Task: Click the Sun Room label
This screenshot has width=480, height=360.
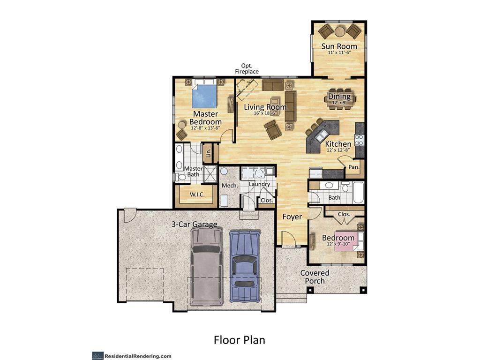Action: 339,46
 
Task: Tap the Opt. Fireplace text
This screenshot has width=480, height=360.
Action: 247,68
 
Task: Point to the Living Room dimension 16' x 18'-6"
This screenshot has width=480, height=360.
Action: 265,113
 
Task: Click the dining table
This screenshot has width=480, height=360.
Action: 339,98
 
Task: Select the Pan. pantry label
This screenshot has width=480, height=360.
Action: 354,167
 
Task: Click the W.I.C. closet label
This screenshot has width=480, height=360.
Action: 196,195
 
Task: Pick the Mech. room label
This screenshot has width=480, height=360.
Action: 230,186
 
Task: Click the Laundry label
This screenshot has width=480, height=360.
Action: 259,184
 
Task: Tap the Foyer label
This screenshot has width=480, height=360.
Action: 292,217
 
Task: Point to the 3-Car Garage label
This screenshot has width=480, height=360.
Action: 194,224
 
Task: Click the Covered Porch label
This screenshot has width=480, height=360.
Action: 315,277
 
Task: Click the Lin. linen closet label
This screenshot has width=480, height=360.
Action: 209,152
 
